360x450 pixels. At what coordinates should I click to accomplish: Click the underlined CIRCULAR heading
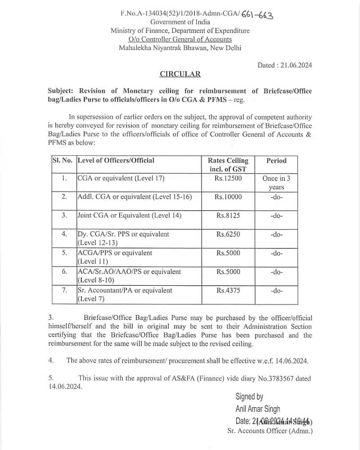[180, 74]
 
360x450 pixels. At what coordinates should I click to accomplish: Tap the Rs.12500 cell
[228, 178]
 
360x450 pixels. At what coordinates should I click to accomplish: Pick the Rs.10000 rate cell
[228, 197]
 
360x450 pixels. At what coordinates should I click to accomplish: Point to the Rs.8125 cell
[228, 216]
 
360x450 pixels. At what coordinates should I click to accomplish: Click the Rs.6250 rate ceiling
[228, 234]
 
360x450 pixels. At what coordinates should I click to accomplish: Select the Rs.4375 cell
[228, 291]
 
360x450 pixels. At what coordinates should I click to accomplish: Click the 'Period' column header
[276, 161]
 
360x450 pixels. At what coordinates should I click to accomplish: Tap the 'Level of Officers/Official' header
[116, 160]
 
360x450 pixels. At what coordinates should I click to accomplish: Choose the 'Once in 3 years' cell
[276, 182]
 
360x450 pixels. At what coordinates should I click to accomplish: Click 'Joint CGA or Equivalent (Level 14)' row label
[130, 216]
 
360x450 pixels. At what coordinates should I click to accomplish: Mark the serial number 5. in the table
[64, 253]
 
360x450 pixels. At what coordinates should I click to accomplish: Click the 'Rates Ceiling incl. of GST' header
[228, 165]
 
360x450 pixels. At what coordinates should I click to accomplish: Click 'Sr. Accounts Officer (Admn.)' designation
[270, 431]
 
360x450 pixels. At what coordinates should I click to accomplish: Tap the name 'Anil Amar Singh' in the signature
[257, 409]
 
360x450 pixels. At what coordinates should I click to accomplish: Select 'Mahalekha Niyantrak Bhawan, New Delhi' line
[180, 48]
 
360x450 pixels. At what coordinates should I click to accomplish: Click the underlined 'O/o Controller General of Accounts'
[180, 39]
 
